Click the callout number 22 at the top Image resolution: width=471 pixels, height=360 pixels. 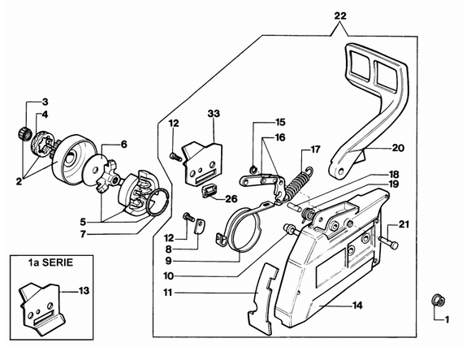[340, 15]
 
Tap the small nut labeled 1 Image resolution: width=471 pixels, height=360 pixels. [437, 301]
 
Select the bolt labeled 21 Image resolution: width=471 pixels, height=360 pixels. [388, 241]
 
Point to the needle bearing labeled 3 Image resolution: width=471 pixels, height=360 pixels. [24, 133]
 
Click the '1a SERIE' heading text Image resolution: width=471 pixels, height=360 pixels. [50, 262]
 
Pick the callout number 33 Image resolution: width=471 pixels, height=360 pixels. [214, 114]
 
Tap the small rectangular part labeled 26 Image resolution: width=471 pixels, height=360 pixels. [207, 190]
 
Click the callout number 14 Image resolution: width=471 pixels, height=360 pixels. [357, 306]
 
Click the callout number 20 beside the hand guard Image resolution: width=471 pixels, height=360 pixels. [398, 148]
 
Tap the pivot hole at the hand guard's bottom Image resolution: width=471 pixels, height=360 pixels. [340, 171]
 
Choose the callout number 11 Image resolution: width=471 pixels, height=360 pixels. [168, 292]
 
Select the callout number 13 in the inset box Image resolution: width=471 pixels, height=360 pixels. [84, 291]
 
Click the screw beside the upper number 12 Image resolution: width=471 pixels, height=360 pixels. [175, 156]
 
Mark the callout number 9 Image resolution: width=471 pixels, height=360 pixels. [168, 261]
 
